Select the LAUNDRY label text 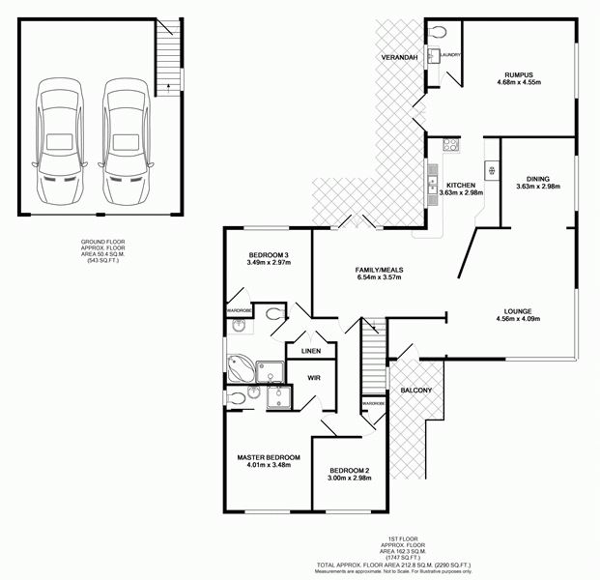450,55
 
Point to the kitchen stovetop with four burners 450,146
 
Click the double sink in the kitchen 432,182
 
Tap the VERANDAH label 399,58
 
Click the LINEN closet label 310,351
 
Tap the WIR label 314,378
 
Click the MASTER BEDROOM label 269,456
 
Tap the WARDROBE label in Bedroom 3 239,310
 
